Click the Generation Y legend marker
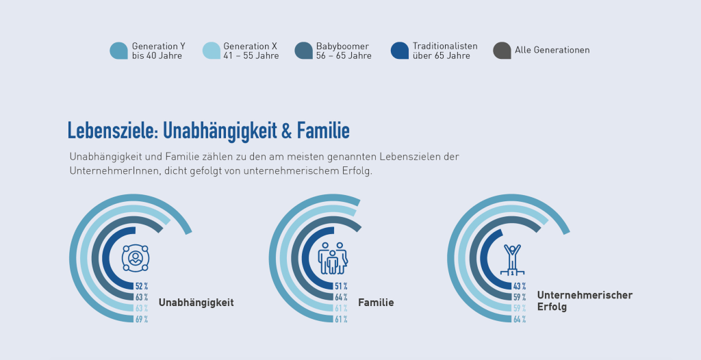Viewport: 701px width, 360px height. point(118,51)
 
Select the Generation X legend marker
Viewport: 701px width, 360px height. point(212,51)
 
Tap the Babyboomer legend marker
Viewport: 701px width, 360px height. point(303,51)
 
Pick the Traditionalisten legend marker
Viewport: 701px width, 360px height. point(400,51)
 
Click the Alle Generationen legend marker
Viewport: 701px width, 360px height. point(502,51)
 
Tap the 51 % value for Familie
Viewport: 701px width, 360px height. point(341,286)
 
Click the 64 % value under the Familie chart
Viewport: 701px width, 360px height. point(341,297)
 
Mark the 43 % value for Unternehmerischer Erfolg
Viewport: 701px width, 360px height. point(520,286)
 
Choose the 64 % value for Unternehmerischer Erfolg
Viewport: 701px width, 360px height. point(520,319)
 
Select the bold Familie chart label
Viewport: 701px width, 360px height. point(376,302)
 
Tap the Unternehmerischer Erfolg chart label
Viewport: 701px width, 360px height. point(585,301)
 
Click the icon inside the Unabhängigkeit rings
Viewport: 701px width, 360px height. point(136,258)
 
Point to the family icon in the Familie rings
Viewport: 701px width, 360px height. point(333,258)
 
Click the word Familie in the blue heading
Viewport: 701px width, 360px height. point(323,130)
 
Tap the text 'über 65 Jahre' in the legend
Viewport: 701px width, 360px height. point(442,56)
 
